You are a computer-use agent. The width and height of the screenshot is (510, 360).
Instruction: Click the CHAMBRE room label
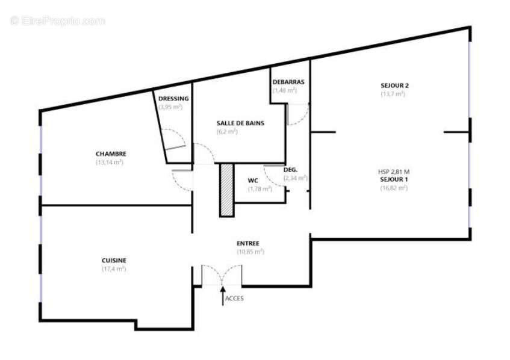pos(110,154)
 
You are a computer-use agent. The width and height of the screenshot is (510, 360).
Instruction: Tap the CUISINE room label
pos(114,260)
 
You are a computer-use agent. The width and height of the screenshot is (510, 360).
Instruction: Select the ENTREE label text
pos(248,244)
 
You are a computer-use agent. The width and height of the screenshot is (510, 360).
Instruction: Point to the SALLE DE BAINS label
pos(240,123)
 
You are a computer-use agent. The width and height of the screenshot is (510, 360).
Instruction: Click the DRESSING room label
pos(173,99)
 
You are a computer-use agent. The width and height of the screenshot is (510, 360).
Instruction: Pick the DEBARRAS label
pos(288,82)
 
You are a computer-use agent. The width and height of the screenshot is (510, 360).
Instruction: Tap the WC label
pos(253,181)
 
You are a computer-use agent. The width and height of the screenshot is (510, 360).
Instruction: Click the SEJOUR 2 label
pos(394,85)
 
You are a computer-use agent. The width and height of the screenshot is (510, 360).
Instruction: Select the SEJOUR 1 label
pos(394,179)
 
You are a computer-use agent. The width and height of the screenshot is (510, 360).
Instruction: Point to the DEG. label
pos(290,170)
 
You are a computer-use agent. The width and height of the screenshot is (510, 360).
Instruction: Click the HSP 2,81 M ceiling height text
pos(394,172)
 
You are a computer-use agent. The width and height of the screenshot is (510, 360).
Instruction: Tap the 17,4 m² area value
pos(114,269)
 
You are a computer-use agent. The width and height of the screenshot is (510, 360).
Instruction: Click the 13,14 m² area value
pos(110,163)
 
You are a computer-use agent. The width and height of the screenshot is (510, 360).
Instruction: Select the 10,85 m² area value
pos(249,252)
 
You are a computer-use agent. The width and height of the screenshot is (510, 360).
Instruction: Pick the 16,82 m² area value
pos(394,188)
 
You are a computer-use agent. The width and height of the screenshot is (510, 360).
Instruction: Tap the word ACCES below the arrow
pos(234,298)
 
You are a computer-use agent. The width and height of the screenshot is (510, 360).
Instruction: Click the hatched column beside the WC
pos(226,189)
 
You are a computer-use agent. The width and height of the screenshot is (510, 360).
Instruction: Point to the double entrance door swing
pos(222,274)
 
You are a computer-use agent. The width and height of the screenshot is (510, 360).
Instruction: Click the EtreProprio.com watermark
pos(58,21)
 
